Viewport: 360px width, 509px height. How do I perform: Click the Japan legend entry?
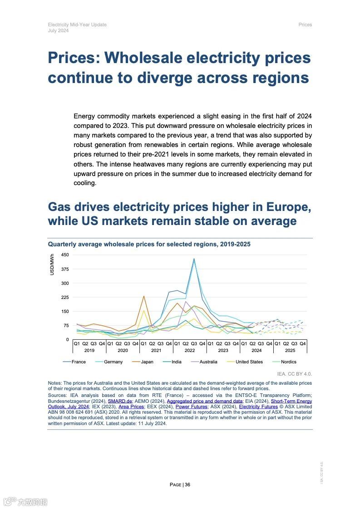click(x=147, y=362)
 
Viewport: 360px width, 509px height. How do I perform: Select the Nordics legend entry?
click(x=288, y=362)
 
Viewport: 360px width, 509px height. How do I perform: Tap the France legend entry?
click(x=79, y=362)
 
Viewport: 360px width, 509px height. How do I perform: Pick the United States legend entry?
click(x=249, y=362)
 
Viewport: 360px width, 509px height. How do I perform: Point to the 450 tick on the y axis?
click(x=65, y=255)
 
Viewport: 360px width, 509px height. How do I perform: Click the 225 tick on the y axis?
click(x=65, y=298)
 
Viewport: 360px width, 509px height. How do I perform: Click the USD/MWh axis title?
click(x=52, y=264)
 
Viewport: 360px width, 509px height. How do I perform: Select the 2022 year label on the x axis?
click(x=190, y=351)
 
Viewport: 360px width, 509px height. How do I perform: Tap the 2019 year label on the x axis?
click(x=89, y=351)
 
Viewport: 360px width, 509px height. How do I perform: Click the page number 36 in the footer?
click(x=187, y=485)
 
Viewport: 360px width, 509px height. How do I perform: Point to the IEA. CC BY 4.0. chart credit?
click(x=294, y=374)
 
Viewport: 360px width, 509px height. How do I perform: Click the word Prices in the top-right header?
click(x=305, y=24)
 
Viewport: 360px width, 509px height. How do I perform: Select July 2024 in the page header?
click(x=59, y=30)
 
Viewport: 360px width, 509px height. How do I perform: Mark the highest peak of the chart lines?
click(x=194, y=259)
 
